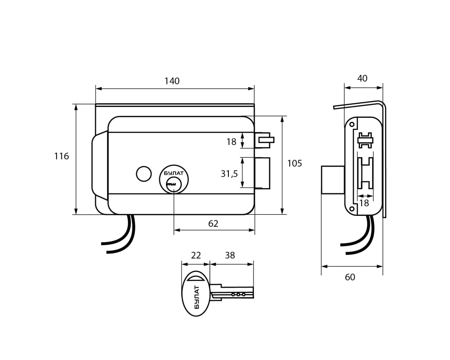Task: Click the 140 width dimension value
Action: (x=172, y=81)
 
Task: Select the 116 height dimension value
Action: (x=62, y=156)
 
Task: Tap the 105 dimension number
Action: (x=295, y=163)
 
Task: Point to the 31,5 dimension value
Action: (x=229, y=173)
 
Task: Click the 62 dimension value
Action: (x=213, y=224)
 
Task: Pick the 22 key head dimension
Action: (x=195, y=255)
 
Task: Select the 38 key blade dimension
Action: (x=230, y=255)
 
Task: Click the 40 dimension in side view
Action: (x=362, y=78)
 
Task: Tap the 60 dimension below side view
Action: (x=350, y=277)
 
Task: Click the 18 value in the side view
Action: (x=364, y=203)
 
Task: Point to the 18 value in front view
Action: (x=231, y=142)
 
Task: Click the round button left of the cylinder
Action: (x=143, y=174)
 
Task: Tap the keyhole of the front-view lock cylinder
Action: (x=172, y=183)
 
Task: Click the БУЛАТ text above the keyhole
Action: (x=174, y=173)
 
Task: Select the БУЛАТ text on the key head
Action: (x=197, y=297)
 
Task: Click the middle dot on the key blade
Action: (x=238, y=295)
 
